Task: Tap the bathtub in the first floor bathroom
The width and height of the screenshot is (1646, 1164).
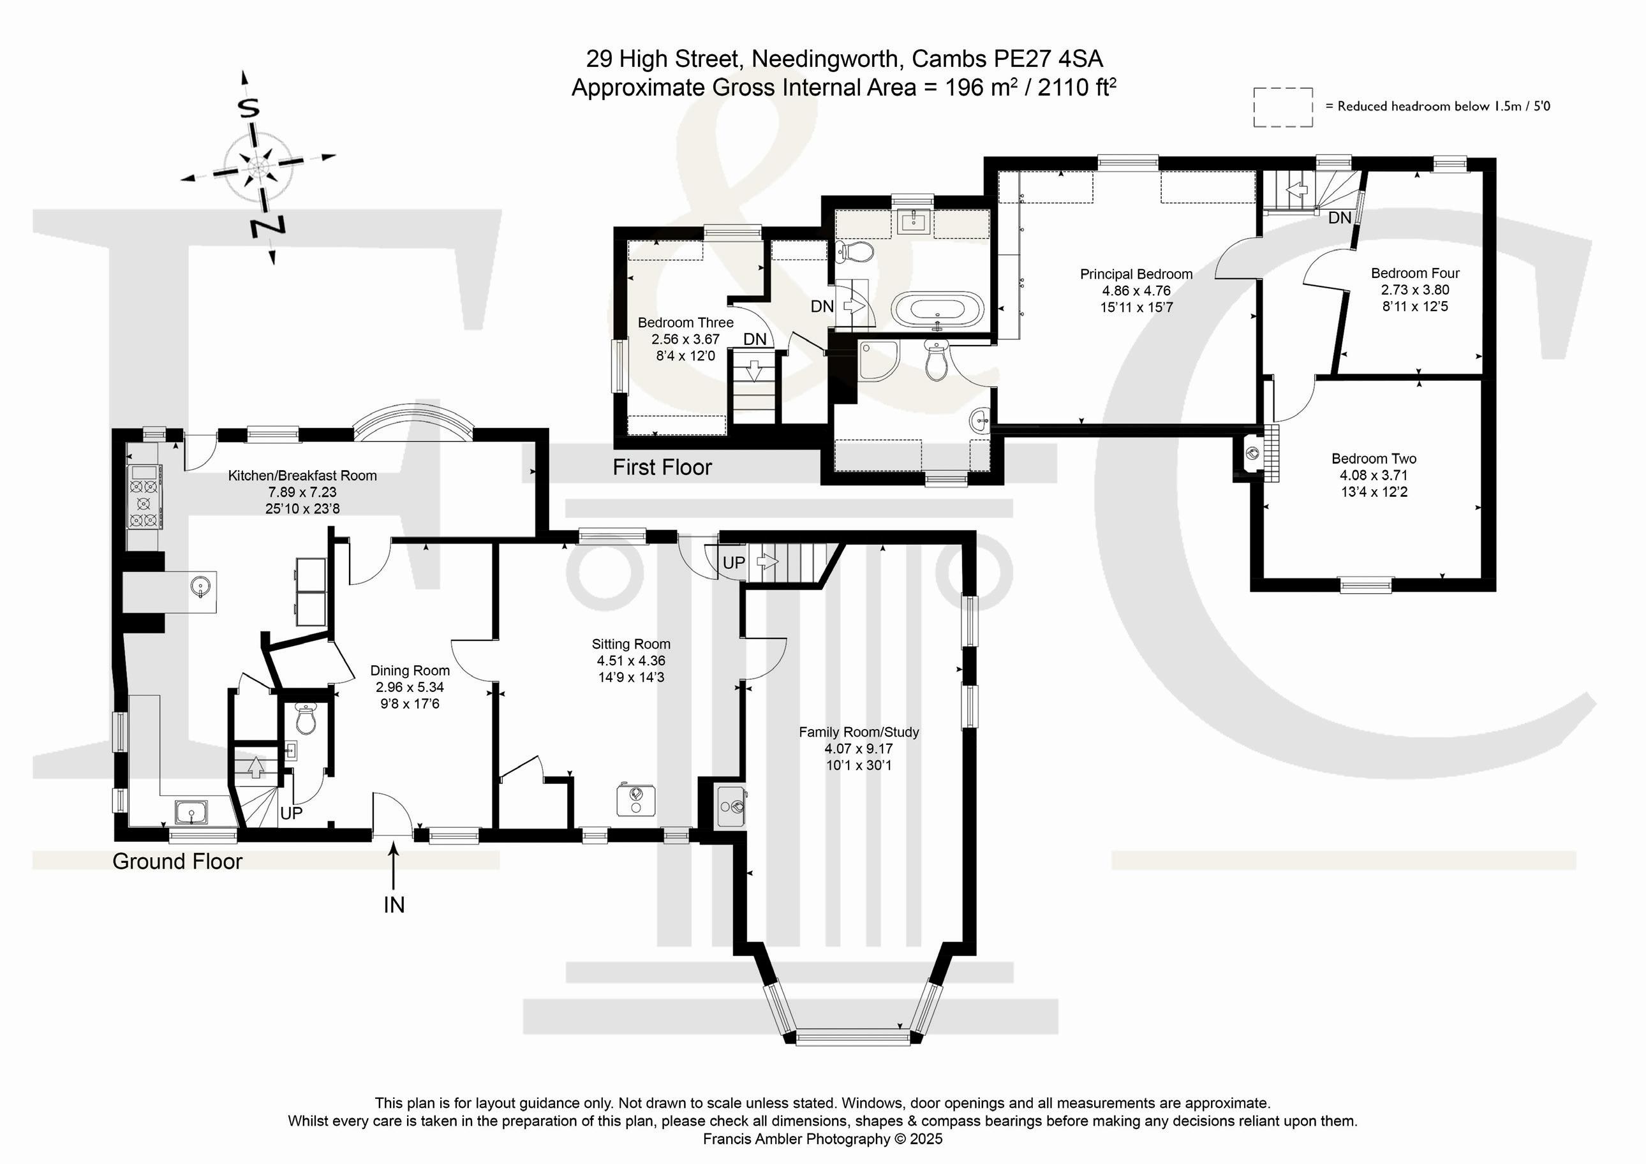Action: (x=938, y=309)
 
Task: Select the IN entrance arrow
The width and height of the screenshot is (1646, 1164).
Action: (x=394, y=867)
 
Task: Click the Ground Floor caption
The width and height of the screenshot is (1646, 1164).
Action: (x=177, y=861)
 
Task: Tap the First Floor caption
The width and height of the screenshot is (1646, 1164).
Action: (x=662, y=468)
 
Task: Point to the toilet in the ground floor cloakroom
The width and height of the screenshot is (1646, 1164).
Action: (x=306, y=719)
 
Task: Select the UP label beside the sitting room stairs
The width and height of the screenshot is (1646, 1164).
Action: (x=734, y=563)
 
